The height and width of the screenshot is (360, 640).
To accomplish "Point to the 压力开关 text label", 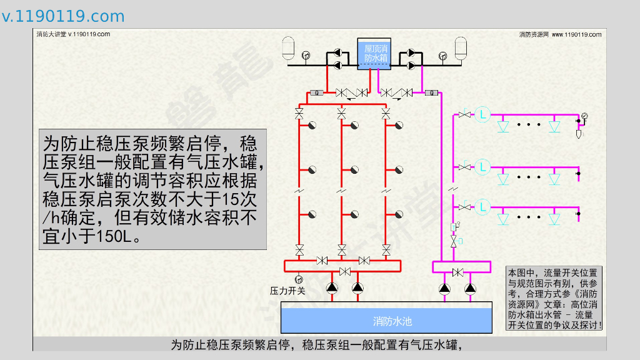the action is tap(287, 291).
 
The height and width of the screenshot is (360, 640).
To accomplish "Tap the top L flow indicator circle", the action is tap(482, 114).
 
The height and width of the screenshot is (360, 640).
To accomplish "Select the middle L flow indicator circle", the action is tap(482, 166).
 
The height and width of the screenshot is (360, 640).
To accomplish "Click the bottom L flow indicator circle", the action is tap(482, 207).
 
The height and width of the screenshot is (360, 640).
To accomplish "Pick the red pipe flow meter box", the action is tap(316, 93).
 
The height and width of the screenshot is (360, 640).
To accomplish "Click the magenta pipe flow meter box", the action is tap(430, 93).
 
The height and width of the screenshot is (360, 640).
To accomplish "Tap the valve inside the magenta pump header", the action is tap(457, 272).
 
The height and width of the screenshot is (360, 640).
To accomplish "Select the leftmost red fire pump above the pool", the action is tap(331, 288).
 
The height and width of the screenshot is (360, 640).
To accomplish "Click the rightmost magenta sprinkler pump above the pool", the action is tap(470, 288).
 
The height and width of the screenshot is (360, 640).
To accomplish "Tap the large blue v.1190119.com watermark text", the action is tap(63, 16).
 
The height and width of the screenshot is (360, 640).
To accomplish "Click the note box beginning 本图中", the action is tap(554, 299).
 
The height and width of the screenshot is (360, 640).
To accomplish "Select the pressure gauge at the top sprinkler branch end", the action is tap(584, 116).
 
